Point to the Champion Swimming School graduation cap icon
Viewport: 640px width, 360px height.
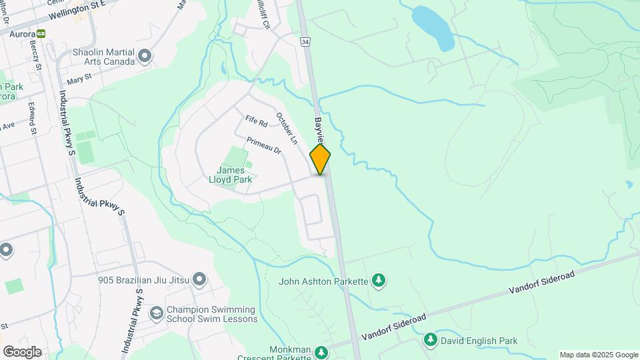[x=156, y=313]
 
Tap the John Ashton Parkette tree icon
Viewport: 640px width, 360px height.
[x=379, y=281]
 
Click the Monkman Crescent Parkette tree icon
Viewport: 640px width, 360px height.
[x=321, y=351]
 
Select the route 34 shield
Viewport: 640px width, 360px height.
[x=305, y=42]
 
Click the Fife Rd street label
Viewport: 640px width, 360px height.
[x=256, y=121]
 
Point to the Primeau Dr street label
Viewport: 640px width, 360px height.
[x=264, y=146]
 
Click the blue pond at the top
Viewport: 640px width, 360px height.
[x=433, y=27]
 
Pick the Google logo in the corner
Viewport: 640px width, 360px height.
[x=22, y=352]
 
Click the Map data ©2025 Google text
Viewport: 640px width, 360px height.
[x=599, y=355]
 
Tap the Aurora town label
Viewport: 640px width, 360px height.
[x=18, y=33]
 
